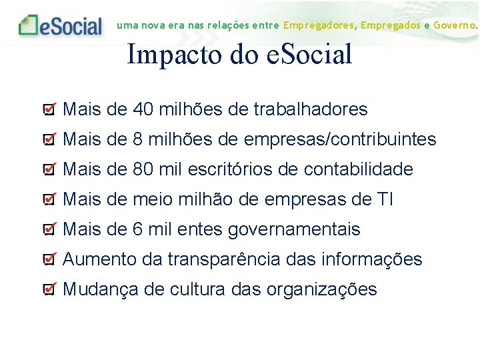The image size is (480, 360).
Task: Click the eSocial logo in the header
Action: [x=61, y=25]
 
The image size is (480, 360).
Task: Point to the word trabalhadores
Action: [x=311, y=109]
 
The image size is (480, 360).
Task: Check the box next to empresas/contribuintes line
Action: [x=49, y=139]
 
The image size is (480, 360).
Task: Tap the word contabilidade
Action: [x=358, y=169]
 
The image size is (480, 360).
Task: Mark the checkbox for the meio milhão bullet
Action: [x=49, y=199]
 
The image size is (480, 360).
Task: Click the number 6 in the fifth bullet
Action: [x=138, y=229]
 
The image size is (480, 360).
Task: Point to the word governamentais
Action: [x=294, y=230]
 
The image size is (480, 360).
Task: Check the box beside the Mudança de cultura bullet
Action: [x=49, y=289]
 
